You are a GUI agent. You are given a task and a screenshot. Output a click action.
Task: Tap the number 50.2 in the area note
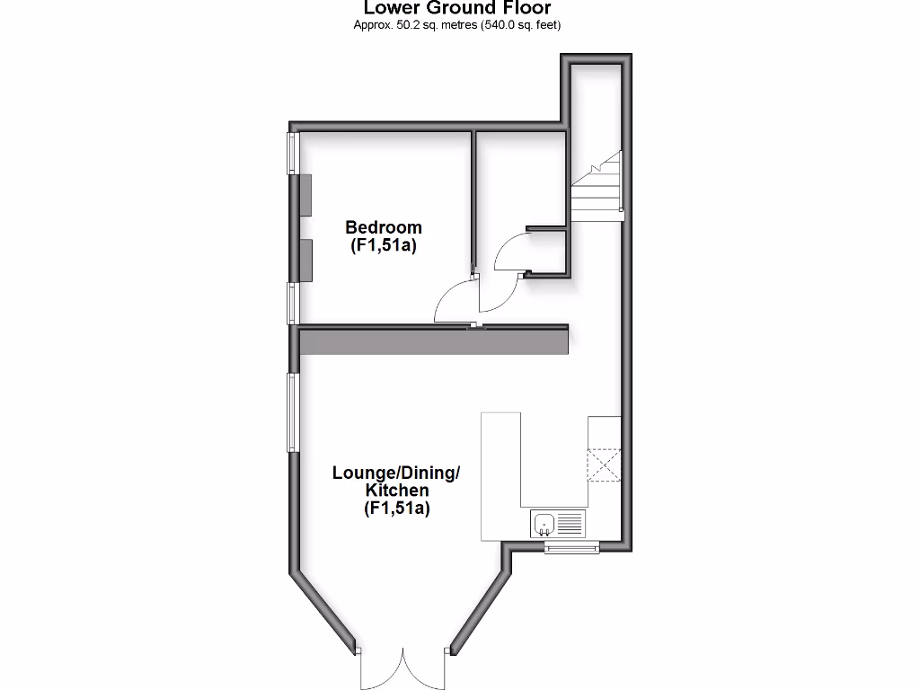[402, 25]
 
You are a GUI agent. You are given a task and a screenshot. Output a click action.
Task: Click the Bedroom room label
[384, 227]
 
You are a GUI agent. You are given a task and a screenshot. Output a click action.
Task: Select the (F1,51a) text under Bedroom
[384, 245]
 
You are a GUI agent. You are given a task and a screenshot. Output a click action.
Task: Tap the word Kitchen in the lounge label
[396, 491]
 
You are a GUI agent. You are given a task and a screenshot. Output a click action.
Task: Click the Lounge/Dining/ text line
[396, 473]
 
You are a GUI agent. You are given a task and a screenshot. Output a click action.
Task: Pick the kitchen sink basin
[544, 521]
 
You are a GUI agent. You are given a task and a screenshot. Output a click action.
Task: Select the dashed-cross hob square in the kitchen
[604, 465]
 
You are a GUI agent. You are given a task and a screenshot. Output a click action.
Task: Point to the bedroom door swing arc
[455, 300]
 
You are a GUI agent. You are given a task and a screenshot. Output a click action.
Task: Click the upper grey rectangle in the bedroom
[305, 195]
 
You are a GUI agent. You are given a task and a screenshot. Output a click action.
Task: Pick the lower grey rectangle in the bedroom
[305, 261]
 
